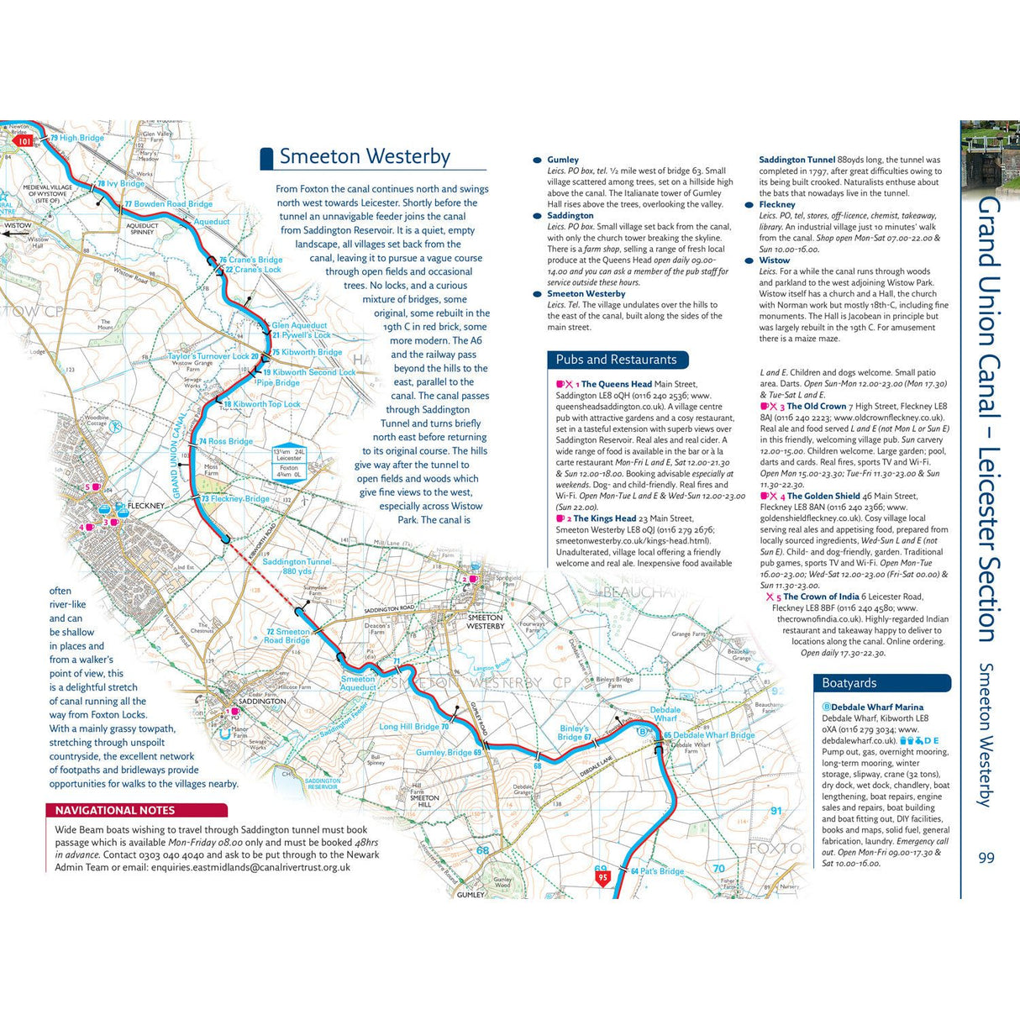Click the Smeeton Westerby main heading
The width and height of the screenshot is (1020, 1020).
point(365,157)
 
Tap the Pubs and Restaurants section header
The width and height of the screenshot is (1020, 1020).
point(616,360)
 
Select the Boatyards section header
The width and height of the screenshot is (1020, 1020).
point(849,683)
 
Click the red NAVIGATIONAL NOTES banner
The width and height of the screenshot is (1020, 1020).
point(115,811)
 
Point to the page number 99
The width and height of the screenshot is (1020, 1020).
point(986,858)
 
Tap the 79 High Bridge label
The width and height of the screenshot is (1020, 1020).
point(77,138)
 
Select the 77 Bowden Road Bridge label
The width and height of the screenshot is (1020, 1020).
point(169,204)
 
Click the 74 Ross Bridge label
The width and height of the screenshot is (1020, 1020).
point(226,441)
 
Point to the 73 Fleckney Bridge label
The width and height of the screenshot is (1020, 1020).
point(236,498)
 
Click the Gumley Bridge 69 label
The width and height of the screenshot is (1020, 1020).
point(449,753)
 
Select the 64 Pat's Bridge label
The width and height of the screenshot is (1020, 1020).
point(657,871)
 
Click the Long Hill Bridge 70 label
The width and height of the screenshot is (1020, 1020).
point(414,727)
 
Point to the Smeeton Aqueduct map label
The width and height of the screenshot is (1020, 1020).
point(359,683)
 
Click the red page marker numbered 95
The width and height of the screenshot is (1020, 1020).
point(602,878)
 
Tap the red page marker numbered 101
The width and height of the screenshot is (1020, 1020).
point(24,141)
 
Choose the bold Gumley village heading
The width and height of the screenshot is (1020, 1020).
point(563,160)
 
